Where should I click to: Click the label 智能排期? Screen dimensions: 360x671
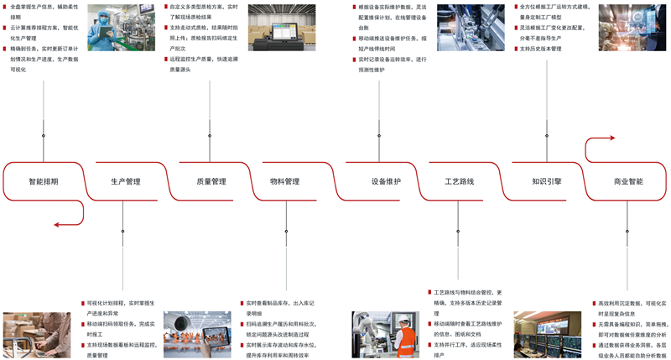click(44, 181)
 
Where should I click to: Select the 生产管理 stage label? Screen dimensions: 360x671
click(126, 181)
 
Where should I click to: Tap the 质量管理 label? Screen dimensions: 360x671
click(211, 181)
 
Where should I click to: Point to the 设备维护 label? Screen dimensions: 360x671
click(386, 181)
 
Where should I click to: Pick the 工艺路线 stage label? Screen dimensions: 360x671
click(459, 181)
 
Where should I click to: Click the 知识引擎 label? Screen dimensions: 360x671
click(547, 181)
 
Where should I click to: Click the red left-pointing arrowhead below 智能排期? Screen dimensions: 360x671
click(56, 224)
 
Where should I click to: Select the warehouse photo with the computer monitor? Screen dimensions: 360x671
click(283, 28)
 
